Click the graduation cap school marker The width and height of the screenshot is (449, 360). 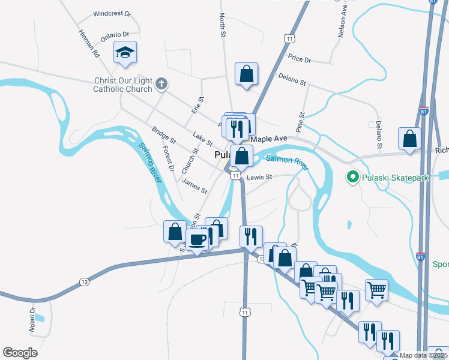[x=125, y=53]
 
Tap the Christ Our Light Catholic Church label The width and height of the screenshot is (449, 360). [x=122, y=85]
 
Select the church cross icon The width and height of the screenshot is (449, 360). [x=161, y=84]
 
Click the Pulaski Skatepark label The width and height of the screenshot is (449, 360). [x=388, y=177]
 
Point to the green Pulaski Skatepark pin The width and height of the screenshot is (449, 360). [x=352, y=177]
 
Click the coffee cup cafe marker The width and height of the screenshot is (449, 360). [x=197, y=241]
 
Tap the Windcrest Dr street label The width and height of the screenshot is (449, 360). [x=112, y=13]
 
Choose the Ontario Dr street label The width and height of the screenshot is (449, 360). [x=115, y=37]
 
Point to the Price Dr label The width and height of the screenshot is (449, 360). [x=300, y=59]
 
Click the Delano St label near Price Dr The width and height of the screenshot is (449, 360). [x=292, y=78]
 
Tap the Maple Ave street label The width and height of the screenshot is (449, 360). [x=270, y=139]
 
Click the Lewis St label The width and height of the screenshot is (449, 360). [x=260, y=177]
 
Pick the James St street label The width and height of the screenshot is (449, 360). [x=194, y=187]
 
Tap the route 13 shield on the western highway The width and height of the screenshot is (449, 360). [x=83, y=282]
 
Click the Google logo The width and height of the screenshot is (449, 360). [x=20, y=353]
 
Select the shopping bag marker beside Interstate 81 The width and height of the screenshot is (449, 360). [x=409, y=139]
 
